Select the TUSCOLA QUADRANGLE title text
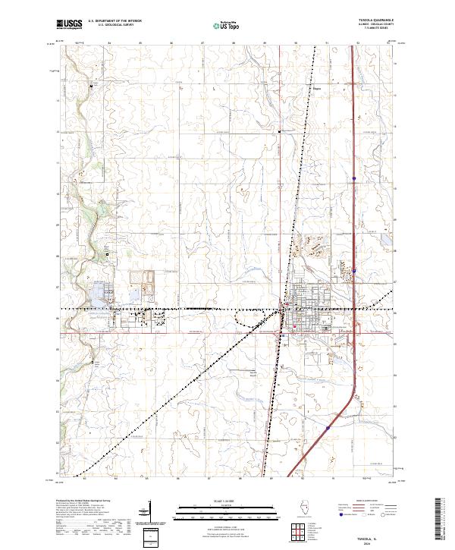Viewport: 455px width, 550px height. coord(377,20)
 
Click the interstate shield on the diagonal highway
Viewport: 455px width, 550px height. coord(328,428)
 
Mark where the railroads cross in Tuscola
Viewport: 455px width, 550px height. coord(284,309)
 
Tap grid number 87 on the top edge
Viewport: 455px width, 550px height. coord(203,43)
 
